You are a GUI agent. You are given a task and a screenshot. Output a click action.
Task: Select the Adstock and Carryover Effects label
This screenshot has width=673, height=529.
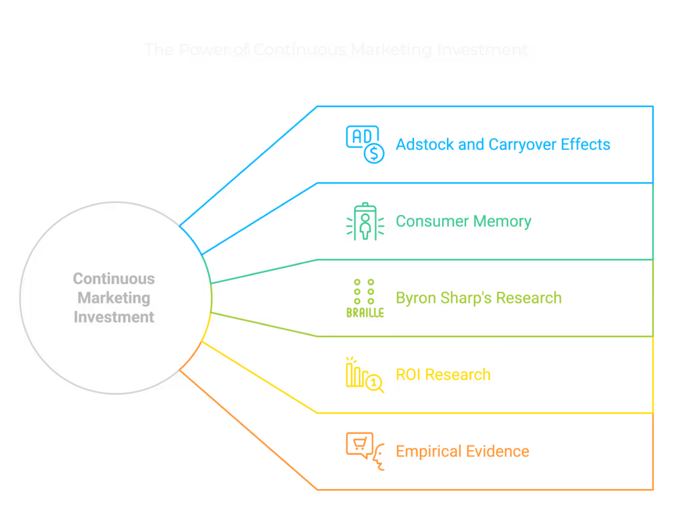pyautogui.click(x=503, y=145)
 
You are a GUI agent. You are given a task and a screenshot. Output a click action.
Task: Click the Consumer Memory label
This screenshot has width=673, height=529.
pyautogui.click(x=463, y=221)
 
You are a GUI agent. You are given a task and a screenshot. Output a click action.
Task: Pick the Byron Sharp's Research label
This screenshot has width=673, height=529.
pyautogui.click(x=478, y=298)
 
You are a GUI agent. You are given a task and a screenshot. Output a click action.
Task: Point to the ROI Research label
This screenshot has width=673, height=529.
pyautogui.click(x=443, y=375)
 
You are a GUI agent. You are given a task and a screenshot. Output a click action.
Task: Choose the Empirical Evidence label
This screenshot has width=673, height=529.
pyautogui.click(x=462, y=451)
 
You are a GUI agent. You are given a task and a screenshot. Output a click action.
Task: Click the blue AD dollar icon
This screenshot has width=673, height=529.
pyautogui.click(x=365, y=145)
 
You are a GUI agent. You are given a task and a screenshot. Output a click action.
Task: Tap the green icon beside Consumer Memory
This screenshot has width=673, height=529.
pyautogui.click(x=365, y=221)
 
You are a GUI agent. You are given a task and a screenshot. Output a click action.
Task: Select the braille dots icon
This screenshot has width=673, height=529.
pyautogui.click(x=365, y=298)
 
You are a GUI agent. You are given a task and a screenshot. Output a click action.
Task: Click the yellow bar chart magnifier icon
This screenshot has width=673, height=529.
pyautogui.click(x=365, y=375)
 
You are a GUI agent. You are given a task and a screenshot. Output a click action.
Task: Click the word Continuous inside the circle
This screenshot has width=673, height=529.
pyautogui.click(x=114, y=279)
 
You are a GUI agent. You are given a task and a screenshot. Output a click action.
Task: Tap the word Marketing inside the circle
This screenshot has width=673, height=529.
pyautogui.click(x=114, y=298)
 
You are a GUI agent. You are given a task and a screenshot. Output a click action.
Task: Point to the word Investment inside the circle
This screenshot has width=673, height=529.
pyautogui.click(x=114, y=317)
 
